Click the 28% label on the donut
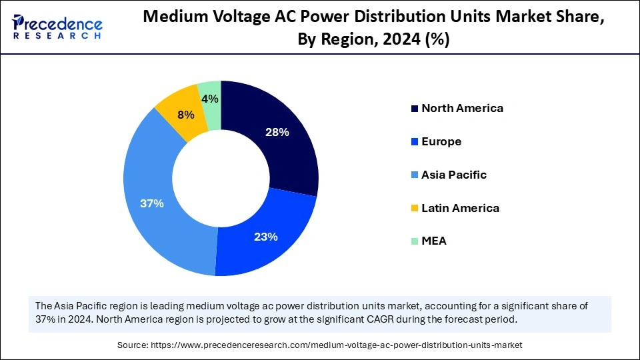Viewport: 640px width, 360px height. (x=276, y=132)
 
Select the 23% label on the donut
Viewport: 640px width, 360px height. (x=265, y=236)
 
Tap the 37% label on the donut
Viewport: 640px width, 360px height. (x=152, y=203)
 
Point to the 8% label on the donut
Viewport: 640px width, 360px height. (x=185, y=115)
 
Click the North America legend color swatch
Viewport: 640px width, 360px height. (x=414, y=109)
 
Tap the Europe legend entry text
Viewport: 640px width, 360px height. (x=441, y=141)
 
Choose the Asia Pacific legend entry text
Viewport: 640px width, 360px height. (x=454, y=175)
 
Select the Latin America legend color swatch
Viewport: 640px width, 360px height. (x=414, y=209)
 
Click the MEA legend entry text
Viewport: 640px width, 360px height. (x=434, y=241)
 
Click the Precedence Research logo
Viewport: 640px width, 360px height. (x=57, y=27)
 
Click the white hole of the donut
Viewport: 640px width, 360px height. (x=221, y=179)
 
